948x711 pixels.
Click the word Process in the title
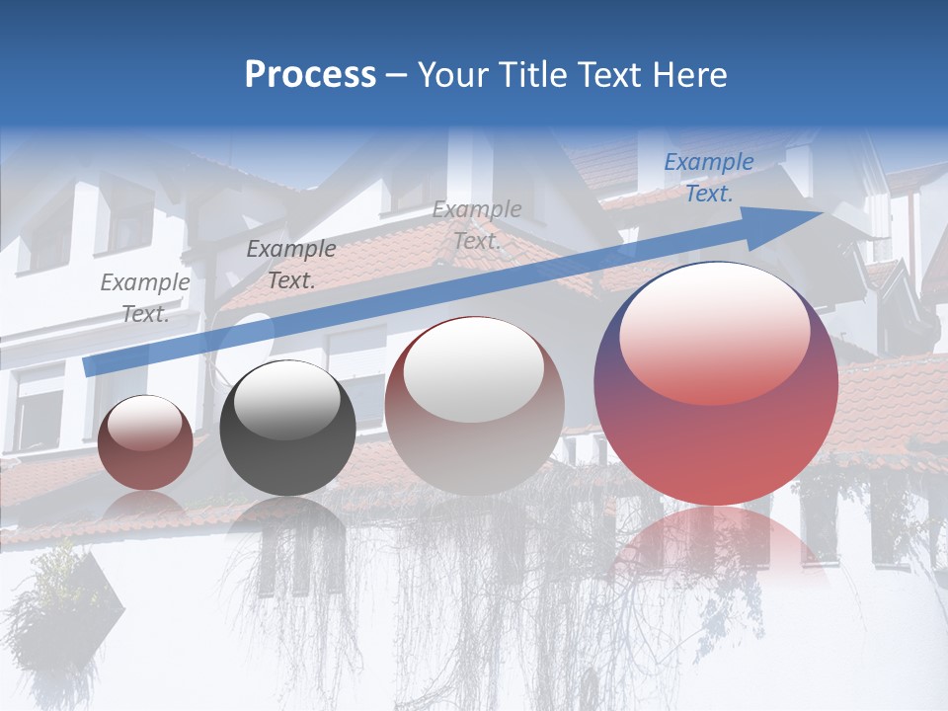click(310, 75)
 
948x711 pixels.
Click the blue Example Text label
click(708, 178)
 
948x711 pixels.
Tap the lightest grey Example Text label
click(476, 225)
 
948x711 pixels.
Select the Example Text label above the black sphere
click(290, 265)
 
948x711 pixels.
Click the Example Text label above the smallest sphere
click(145, 297)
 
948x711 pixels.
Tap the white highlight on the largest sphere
click(714, 331)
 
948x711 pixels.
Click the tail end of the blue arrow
click(91, 366)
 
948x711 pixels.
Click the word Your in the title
click(451, 75)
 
